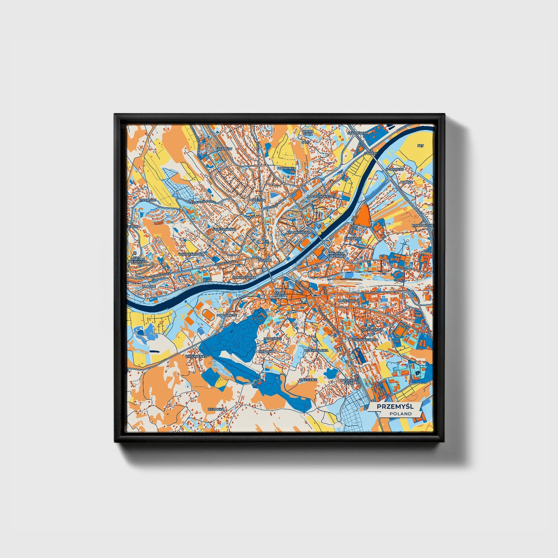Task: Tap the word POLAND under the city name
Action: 400,414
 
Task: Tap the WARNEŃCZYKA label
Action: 191,254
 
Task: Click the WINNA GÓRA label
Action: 308,133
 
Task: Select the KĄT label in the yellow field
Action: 421,146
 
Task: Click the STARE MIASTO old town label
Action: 280,294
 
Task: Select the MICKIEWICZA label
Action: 348,300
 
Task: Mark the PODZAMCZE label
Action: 226,315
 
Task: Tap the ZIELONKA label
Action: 215,409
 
